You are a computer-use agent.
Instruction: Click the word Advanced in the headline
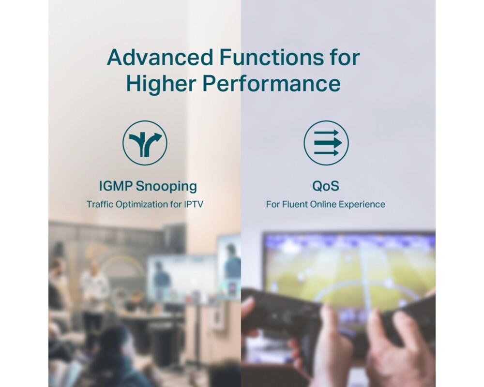pos(160,57)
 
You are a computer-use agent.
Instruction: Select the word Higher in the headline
pos(161,84)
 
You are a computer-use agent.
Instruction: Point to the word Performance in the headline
pos(272,83)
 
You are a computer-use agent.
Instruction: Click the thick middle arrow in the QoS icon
pos(328,143)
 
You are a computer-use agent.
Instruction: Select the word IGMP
pos(116,186)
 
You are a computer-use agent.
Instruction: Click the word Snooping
pos(166,187)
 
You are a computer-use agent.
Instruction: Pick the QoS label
pos(326,186)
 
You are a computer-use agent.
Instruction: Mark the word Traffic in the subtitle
pos(100,204)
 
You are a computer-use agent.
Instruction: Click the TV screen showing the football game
pos(349,271)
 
